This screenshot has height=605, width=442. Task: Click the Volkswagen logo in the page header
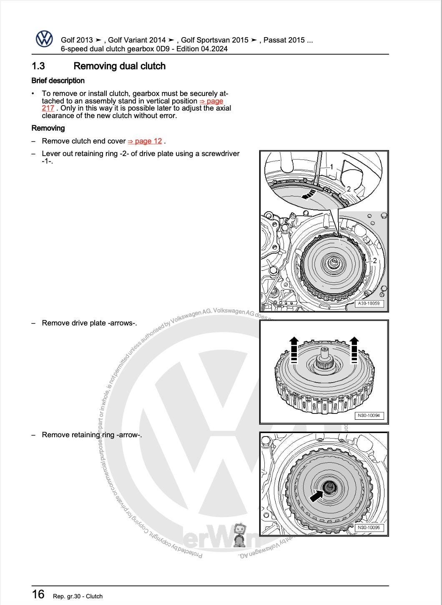tap(44, 39)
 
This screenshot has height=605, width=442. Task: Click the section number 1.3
tap(38, 66)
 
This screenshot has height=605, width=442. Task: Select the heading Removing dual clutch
tap(119, 66)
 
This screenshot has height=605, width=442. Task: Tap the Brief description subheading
tap(58, 81)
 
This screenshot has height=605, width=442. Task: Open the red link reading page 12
tap(145, 141)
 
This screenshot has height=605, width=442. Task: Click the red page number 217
tap(48, 108)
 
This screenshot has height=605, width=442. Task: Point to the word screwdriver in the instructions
tap(220, 154)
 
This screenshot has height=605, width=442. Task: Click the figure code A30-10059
tap(369, 304)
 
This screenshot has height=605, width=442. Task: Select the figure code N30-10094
tap(369, 416)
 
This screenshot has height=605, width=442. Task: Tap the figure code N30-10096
tap(369, 527)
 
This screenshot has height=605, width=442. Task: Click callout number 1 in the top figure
tap(331, 167)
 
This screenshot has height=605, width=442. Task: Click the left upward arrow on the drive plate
tap(294, 349)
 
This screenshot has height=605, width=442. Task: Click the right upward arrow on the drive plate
tap(354, 349)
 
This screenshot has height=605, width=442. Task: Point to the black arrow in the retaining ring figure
tap(316, 495)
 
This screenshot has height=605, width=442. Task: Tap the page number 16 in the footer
tap(38, 594)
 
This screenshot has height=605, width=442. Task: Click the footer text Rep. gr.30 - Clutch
tap(78, 596)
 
